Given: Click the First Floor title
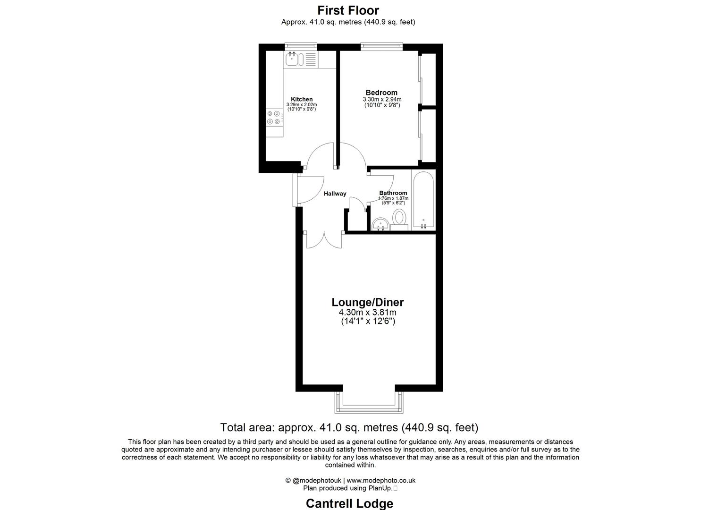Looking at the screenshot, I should (348, 10).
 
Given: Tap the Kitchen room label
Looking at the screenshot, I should (301, 99).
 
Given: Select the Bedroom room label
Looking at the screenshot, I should (381, 93).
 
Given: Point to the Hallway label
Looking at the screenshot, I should (335, 194).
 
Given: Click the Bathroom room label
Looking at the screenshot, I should (393, 193).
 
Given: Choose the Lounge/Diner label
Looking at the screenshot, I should (368, 302).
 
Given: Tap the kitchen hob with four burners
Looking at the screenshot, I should (274, 118).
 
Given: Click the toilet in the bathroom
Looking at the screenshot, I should (400, 218).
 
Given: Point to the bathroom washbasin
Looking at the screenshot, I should (379, 224).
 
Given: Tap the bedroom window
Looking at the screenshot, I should (381, 46).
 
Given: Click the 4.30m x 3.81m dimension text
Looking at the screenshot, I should (367, 313).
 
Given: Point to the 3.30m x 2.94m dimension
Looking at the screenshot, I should (381, 99).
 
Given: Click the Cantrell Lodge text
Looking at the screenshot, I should (349, 503).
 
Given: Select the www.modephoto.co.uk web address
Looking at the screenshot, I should (381, 481).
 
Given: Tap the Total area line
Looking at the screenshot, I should (349, 428).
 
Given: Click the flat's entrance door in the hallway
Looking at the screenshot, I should (296, 190).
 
